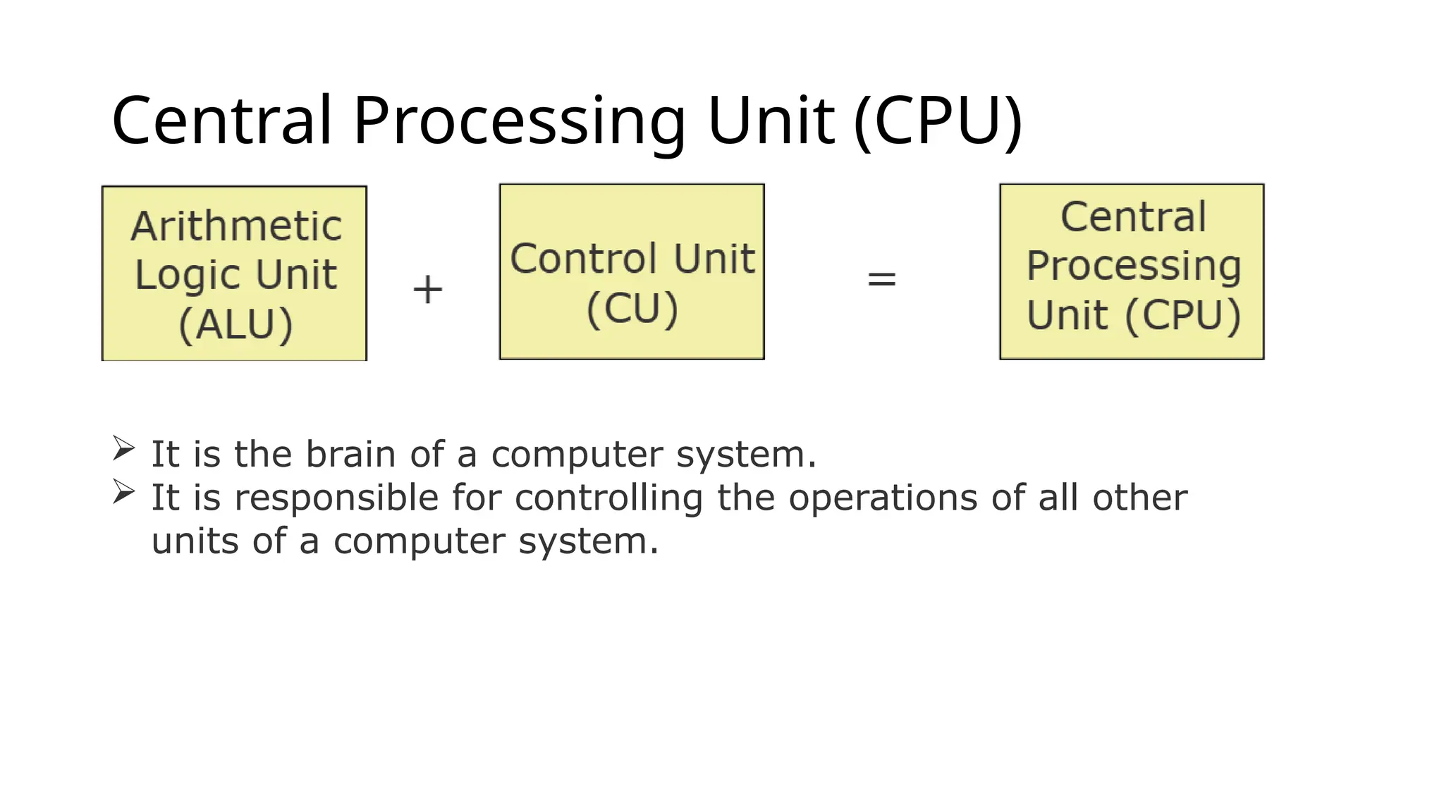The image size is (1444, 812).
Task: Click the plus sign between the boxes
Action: [x=427, y=290]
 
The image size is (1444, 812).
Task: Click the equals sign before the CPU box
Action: [x=881, y=279]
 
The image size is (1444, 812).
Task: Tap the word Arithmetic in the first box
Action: [x=236, y=226]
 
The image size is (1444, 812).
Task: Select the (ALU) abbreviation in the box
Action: [x=235, y=325]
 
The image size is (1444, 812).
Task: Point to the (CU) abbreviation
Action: [x=632, y=309]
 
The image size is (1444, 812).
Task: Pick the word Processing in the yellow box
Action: [x=1133, y=266]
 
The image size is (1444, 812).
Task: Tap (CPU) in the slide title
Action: [x=937, y=121]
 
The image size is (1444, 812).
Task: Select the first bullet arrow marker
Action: [x=123, y=448]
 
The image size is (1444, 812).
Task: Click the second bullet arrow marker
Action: [x=123, y=492]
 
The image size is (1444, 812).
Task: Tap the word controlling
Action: [x=608, y=498]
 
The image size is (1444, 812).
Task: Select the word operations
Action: [x=883, y=498]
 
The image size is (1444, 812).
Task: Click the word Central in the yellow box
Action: [x=1133, y=216]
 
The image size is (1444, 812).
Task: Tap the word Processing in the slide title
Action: [x=519, y=121]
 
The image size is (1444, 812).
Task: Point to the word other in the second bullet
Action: [x=1139, y=498]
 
